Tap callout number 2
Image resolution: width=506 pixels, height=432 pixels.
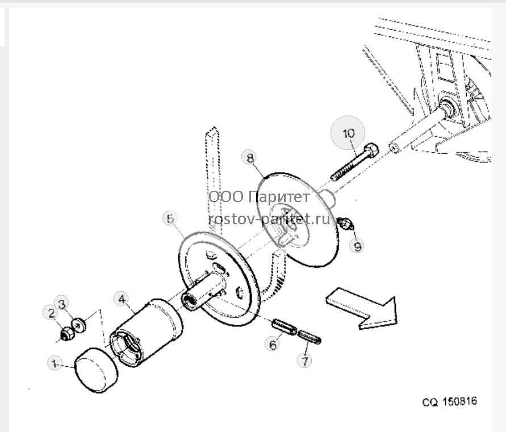[x=51, y=313]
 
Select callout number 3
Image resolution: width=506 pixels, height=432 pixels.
[x=62, y=304]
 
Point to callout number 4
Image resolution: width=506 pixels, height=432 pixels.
[x=122, y=299]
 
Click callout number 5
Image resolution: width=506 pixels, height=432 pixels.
[x=170, y=219]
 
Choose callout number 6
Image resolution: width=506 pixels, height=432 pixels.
[x=273, y=345]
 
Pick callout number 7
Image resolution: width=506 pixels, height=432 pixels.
[x=305, y=360]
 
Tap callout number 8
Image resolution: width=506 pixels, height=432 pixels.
[x=250, y=158]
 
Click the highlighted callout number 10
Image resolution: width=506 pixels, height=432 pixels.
[x=348, y=133]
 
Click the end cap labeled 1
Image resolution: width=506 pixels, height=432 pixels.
[x=97, y=370]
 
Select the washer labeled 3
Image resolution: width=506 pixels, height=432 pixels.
[x=79, y=325]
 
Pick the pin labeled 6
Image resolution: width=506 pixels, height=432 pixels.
[x=285, y=327]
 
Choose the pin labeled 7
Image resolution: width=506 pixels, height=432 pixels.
[x=309, y=337]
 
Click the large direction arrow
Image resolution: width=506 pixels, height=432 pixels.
[x=361, y=308]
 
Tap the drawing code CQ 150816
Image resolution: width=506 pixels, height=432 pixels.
[x=449, y=402]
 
